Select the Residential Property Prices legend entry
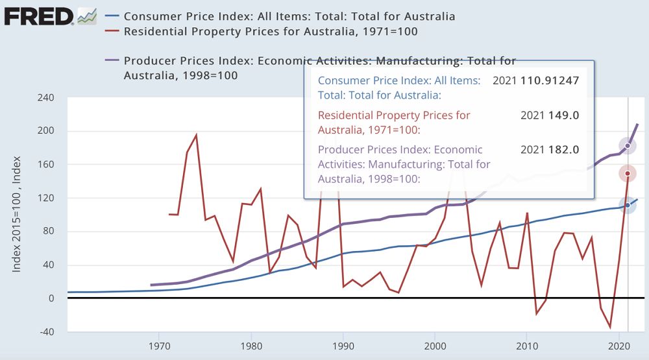(270, 31)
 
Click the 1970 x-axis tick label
(160, 346)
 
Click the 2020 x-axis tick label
(618, 346)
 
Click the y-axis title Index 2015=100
(18, 214)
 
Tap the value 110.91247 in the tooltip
(550, 80)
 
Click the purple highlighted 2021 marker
(628, 146)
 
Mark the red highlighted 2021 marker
(628, 173)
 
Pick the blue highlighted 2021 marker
(628, 206)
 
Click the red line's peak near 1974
(197, 135)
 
